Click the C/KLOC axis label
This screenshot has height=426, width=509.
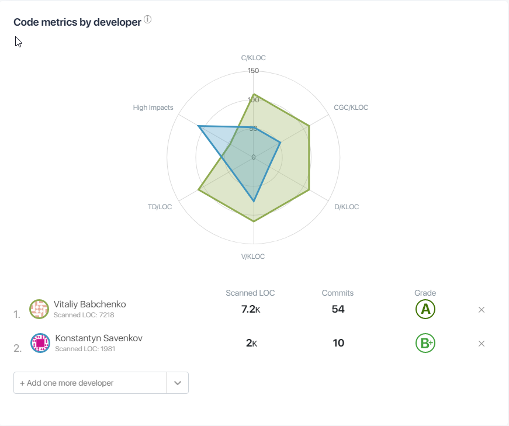pos(254,58)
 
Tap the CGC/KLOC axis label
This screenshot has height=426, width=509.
pos(351,108)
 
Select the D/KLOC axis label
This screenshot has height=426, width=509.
pos(347,207)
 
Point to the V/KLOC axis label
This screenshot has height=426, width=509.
pos(254,257)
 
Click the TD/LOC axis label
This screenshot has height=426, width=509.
pos(160,207)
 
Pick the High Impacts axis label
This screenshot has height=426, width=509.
pos(153,108)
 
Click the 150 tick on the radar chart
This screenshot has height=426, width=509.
pos(253,71)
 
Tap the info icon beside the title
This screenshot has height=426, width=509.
pos(147,20)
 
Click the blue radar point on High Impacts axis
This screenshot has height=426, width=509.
pos(199,126)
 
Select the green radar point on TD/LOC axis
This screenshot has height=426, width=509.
pos(199,189)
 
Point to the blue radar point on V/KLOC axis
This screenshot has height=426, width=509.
pos(254,201)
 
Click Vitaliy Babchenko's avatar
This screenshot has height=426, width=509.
pos(39,309)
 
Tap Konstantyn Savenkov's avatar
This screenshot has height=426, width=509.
pos(40,343)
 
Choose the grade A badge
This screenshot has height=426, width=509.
pos(425,309)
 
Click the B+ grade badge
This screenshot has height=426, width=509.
pos(425,343)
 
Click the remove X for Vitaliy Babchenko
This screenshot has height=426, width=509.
pos(482,310)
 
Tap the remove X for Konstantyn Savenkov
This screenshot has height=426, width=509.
pos(482,344)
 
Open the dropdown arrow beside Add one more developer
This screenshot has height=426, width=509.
pos(178,383)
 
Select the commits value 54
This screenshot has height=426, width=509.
pos(338,309)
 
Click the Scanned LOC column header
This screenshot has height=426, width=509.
pos(250,293)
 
